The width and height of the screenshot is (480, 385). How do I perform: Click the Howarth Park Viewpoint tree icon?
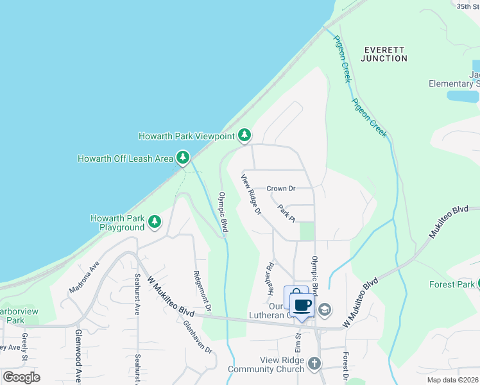coord(244,135)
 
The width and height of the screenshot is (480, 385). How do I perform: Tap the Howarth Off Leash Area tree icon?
coord(183,157)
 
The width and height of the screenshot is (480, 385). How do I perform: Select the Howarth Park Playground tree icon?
coord(155,222)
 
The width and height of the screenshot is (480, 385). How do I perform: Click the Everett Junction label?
coord(384,54)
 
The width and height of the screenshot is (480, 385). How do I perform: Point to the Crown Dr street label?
coord(280,189)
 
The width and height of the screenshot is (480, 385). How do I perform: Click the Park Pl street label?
coord(286,213)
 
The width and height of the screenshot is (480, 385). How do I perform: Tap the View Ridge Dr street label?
coord(252,194)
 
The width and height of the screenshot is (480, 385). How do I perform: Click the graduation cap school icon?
coord(325,310)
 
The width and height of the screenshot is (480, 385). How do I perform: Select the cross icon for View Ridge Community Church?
coord(314,364)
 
